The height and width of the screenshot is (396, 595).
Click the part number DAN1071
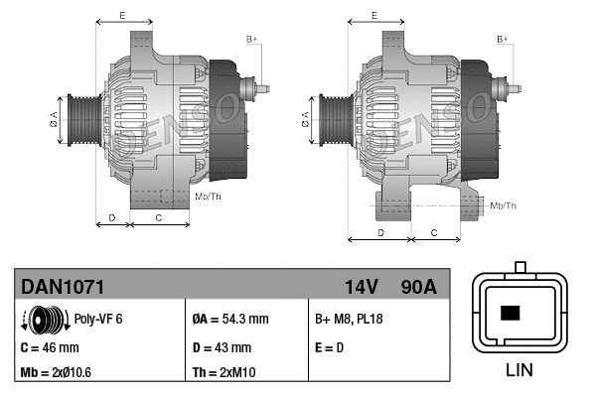[63, 287]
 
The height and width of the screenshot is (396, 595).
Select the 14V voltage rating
[361, 287]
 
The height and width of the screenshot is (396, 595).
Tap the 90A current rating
[417, 287]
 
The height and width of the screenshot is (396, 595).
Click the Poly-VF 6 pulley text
[98, 320]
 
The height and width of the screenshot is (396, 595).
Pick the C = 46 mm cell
[50, 347]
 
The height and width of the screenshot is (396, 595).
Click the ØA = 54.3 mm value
[229, 320]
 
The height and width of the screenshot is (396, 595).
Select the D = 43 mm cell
[221, 347]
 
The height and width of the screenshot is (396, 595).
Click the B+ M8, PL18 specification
[349, 320]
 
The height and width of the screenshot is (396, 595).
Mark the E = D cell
[331, 347]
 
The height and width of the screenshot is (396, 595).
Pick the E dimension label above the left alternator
[121, 15]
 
